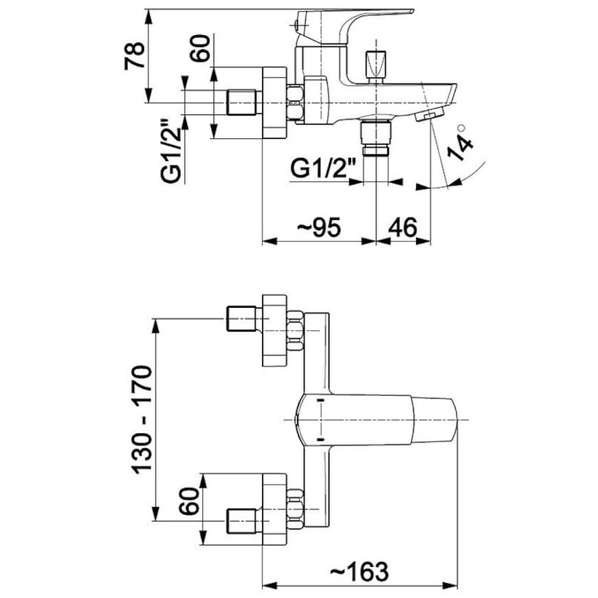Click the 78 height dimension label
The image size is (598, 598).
[x=134, y=55]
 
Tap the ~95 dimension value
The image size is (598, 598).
[x=318, y=228]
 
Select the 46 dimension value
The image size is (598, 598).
[x=402, y=228]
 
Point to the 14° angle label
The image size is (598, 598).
[x=461, y=142]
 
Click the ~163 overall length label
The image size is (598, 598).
[x=359, y=571]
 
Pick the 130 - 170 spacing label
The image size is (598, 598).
[x=142, y=420]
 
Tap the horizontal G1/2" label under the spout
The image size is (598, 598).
[x=322, y=168]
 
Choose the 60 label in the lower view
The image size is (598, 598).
[x=190, y=502]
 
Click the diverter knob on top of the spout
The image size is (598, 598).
[x=375, y=65]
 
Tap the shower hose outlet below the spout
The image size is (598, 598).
[x=375, y=137]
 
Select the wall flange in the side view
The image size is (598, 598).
[x=274, y=102]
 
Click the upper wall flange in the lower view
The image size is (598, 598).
[x=274, y=330]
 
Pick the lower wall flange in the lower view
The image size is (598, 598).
[x=274, y=509]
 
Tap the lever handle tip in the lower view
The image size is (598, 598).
[x=435, y=420]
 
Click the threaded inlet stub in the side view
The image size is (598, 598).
[x=242, y=102]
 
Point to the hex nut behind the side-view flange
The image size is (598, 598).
[x=296, y=103]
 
